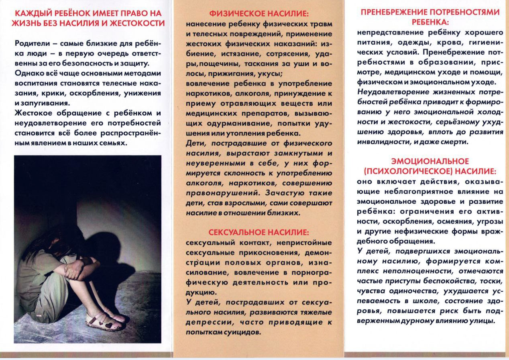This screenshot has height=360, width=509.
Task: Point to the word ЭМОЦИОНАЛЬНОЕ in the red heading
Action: coord(430,161)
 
